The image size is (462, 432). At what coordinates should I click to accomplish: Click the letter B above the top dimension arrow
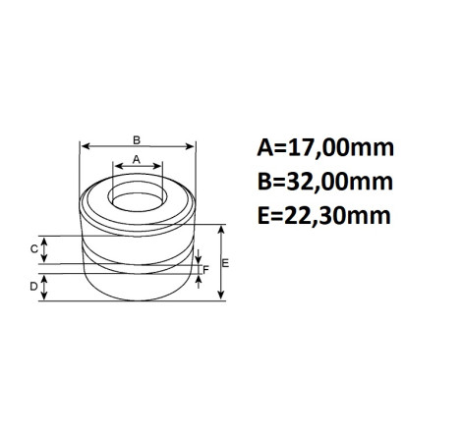(137, 140)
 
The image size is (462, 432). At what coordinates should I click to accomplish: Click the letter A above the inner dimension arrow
(137, 160)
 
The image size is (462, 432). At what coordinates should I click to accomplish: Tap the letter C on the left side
(33, 249)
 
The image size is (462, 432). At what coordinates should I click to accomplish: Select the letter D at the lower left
(33, 287)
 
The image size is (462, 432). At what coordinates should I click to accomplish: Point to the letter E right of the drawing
(225, 263)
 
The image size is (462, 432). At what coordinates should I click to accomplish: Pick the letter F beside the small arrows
(205, 270)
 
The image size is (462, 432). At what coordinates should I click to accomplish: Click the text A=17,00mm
(325, 148)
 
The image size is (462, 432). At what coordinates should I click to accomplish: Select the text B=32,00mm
(325, 182)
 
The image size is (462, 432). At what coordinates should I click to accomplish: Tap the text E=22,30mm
(324, 216)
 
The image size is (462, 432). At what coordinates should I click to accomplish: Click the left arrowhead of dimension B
(85, 146)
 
